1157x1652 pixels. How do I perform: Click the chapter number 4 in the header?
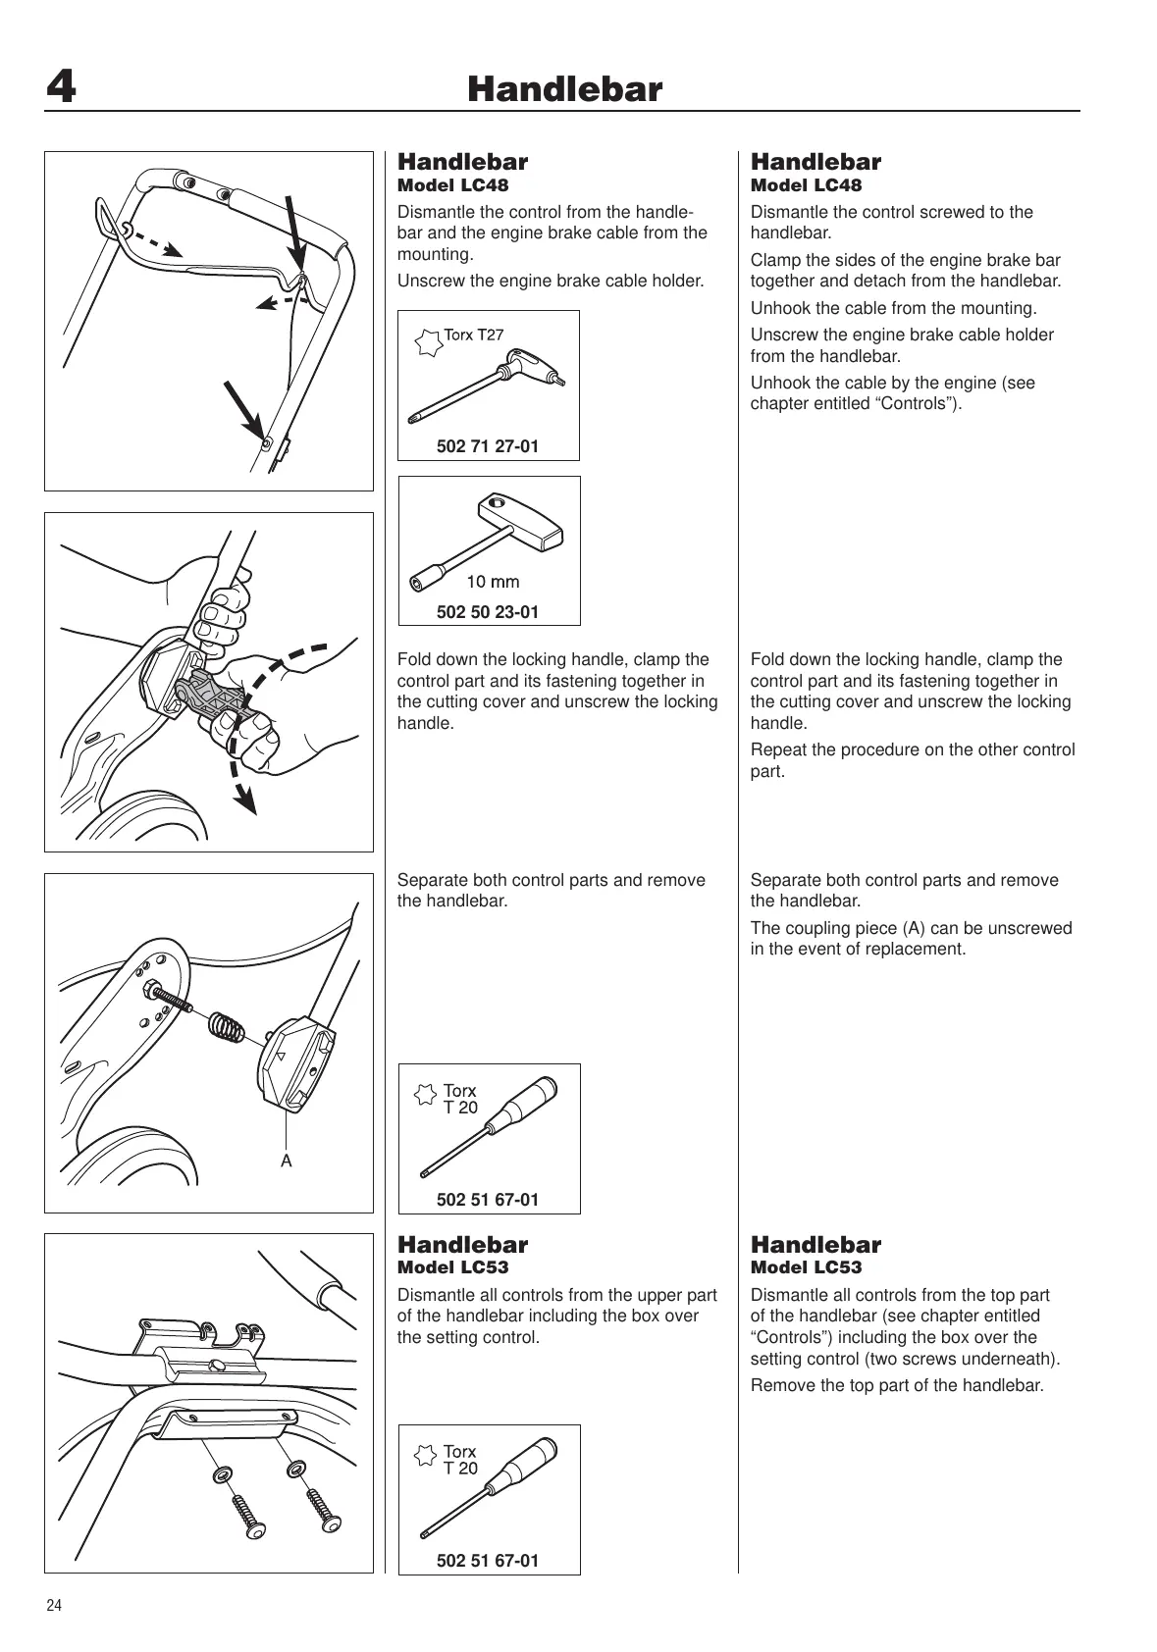click(61, 89)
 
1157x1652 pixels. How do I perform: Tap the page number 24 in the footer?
click(54, 1606)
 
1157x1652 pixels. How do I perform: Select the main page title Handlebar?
click(564, 90)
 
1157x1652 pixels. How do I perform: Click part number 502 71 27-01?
click(488, 446)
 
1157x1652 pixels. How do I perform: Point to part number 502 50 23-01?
click(488, 612)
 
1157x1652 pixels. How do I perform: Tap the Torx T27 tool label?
click(473, 335)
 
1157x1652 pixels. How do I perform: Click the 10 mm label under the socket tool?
click(493, 582)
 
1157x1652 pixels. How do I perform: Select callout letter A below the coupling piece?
click(287, 1162)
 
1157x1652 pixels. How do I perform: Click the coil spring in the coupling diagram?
click(228, 1027)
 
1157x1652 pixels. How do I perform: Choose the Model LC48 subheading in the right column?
click(806, 185)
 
